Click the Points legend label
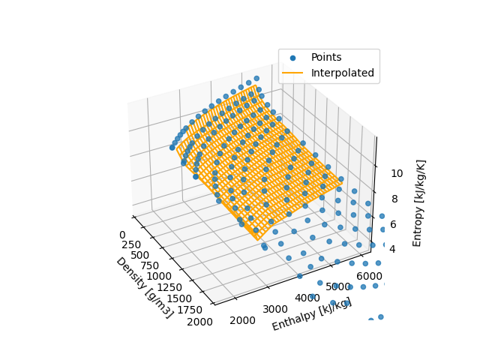[326, 58]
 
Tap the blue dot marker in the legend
[292, 58]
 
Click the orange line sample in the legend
[292, 73]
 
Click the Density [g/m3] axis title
[144, 287]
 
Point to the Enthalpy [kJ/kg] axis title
[311, 313]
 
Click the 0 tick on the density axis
[122, 235]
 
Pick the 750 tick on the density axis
[151, 265]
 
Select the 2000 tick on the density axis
[200, 321]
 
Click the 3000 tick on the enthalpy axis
[275, 309]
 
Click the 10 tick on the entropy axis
[397, 173]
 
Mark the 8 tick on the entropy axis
[393, 199]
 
